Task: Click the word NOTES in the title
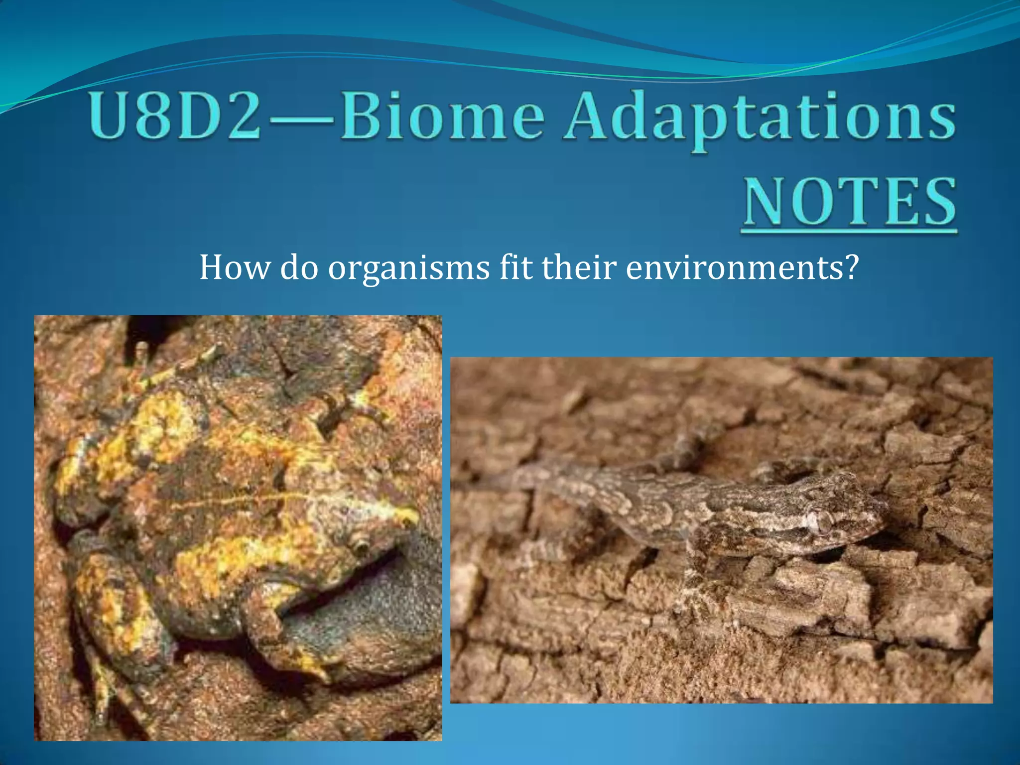pyautogui.click(x=850, y=201)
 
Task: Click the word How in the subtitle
pyautogui.click(x=234, y=267)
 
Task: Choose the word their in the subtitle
pyautogui.click(x=579, y=267)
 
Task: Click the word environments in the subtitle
pyautogui.click(x=735, y=267)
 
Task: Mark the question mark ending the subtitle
pyautogui.click(x=852, y=267)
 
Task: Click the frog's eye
pyautogui.click(x=360, y=546)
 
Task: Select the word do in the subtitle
pyautogui.click(x=299, y=267)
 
